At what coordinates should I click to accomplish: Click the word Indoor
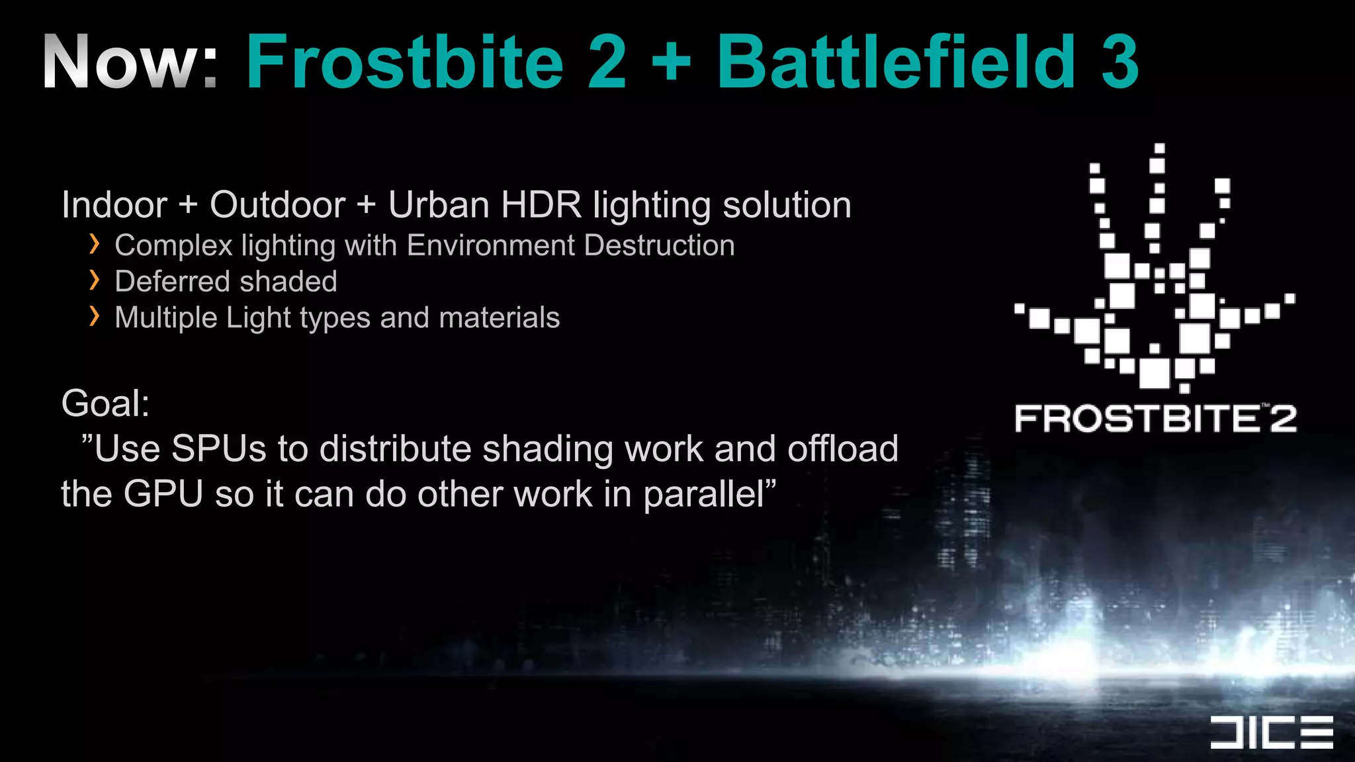pyautogui.click(x=114, y=205)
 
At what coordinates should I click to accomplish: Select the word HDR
pyautogui.click(x=541, y=205)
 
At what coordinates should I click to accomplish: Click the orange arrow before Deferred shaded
pyautogui.click(x=95, y=280)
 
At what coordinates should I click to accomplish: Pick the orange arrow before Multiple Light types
pyautogui.click(x=95, y=316)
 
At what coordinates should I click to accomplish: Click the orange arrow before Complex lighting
pyautogui.click(x=95, y=245)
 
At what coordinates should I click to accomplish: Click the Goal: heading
pyautogui.click(x=105, y=403)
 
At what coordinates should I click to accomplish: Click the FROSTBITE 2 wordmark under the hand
pyautogui.click(x=1155, y=418)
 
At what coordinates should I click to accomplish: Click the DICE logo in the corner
pyautogui.click(x=1271, y=732)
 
